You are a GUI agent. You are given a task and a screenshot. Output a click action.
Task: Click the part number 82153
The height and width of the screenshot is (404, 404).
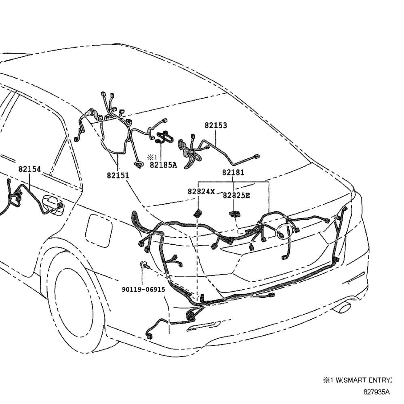(x=215, y=126)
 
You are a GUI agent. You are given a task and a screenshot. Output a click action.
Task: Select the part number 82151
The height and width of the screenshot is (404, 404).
(x=118, y=175)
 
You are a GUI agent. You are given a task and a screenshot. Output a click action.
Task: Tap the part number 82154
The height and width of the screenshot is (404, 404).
(x=29, y=169)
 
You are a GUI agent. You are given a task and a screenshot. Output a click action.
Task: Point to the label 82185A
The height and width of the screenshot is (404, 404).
(x=163, y=165)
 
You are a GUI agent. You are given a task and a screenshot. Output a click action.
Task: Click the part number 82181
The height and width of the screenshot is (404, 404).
(x=233, y=173)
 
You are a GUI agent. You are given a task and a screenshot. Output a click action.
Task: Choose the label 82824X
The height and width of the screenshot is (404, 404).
(x=201, y=191)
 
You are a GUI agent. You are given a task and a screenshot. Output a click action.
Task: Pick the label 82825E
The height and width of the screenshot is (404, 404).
(x=236, y=196)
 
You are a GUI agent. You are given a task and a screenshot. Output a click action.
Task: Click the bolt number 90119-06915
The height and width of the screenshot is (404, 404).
(x=143, y=290)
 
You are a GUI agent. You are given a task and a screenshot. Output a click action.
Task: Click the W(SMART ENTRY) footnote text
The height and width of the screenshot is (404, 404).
(x=360, y=380)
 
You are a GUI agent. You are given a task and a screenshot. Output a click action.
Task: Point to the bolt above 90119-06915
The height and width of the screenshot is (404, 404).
(x=144, y=265)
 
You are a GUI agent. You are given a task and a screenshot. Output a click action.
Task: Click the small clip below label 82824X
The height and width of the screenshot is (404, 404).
(x=198, y=213)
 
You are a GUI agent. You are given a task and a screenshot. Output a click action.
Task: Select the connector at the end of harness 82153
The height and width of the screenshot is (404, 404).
(x=255, y=157)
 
